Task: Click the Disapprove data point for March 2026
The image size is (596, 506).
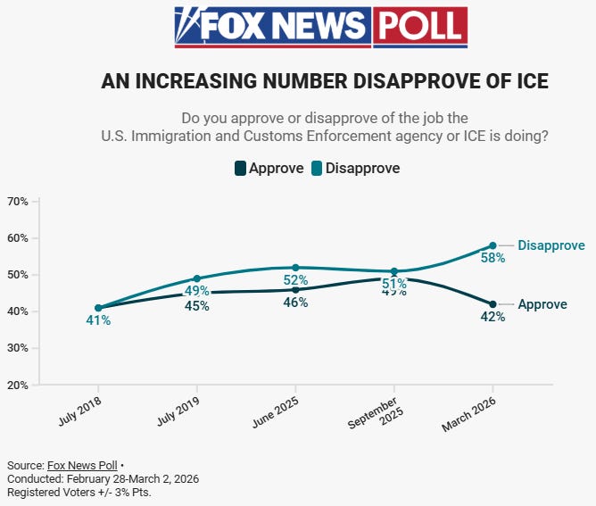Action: pos(493,245)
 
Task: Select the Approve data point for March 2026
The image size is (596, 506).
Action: pos(493,304)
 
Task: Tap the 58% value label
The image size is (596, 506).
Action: pos(493,258)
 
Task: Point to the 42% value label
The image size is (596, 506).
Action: pos(493,317)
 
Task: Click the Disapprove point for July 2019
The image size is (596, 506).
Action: pos(196,278)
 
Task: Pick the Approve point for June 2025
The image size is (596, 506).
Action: pos(295,289)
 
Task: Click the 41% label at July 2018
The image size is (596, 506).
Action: pos(98,320)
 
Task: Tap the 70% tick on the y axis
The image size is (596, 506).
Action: pos(18,202)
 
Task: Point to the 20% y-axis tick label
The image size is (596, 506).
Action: pos(18,385)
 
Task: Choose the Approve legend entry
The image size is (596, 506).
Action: pos(268,168)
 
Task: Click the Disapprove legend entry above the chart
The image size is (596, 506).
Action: pos(354,168)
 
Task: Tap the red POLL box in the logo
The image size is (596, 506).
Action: pos(419,27)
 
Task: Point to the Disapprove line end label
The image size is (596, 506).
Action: pos(550,245)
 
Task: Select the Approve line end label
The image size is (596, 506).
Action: pos(542,304)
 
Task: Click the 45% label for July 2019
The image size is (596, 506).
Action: pos(196,306)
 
